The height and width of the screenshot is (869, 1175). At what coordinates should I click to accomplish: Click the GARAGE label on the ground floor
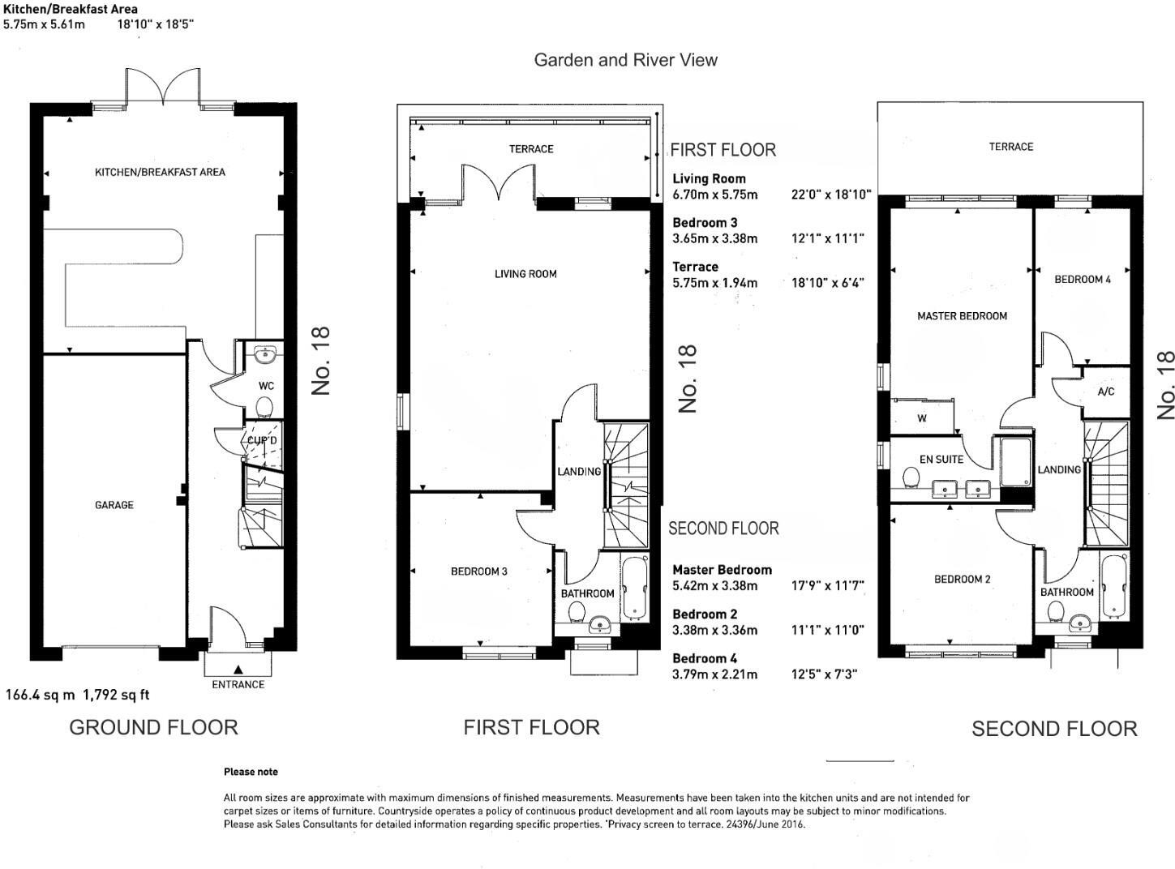pos(114,505)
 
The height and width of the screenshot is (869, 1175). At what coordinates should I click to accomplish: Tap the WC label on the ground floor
pos(266,386)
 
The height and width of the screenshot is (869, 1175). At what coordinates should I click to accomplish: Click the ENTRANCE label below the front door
pos(238,684)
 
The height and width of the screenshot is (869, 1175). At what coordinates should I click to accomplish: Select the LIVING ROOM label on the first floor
pos(525,274)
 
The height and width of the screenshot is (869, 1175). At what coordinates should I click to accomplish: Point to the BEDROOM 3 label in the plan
pos(478,571)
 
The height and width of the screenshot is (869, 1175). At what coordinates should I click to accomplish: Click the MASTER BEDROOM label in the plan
pos(962,316)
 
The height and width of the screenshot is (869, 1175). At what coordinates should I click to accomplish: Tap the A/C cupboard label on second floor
pos(1105,392)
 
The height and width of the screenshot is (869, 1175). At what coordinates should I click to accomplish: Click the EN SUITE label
pos(941,460)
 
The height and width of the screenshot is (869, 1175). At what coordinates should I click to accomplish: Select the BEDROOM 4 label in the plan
pos(1082,279)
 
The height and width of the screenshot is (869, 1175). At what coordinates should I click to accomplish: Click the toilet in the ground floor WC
pos(266,406)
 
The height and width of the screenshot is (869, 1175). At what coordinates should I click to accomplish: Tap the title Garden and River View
pos(625,60)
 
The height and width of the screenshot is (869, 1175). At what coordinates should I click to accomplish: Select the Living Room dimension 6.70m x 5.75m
pos(714,195)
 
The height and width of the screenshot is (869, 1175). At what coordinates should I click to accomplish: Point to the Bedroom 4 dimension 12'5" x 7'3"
pos(824,674)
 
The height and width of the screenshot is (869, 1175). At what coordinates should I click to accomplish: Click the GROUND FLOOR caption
pos(153,727)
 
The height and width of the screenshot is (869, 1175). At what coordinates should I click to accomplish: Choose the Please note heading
pos(251,772)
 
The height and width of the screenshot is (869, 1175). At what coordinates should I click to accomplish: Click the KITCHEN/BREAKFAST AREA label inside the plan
pos(160,172)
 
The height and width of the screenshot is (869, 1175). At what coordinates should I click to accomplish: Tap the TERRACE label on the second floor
pos(1010,147)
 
